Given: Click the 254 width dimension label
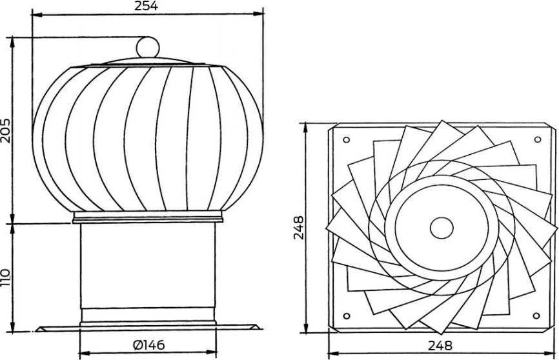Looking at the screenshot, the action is tap(146, 6).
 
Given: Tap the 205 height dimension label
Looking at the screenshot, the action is tap(6, 130).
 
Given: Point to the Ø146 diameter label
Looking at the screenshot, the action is tap(148, 345).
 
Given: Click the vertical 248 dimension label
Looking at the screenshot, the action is tap(298, 227).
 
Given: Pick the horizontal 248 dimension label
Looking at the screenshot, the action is tap(440, 345).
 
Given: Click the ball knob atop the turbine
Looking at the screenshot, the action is tap(148, 47).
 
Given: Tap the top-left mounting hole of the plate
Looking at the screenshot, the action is tap(346, 140).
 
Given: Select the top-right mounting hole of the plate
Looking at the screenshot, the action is tap(538, 139).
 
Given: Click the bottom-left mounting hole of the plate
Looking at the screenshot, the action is tap(346, 315).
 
